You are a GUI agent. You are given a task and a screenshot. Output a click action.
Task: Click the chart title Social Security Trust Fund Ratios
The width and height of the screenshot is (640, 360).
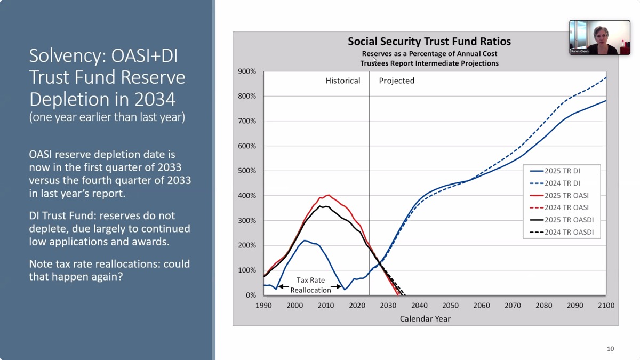(x=429, y=42)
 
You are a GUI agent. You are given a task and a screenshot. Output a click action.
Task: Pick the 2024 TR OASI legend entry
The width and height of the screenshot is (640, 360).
(x=566, y=207)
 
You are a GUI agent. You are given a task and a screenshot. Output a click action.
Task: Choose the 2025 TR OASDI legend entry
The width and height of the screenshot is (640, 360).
(x=569, y=220)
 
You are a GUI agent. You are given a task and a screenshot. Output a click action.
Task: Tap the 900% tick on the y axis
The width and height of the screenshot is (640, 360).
(x=247, y=71)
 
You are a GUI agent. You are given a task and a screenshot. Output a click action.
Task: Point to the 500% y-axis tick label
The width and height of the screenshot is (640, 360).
(x=247, y=171)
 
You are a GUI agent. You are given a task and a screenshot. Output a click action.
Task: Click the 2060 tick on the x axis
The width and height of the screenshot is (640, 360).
(x=482, y=306)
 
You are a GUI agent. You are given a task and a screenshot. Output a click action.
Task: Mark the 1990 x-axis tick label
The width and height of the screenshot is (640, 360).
(x=263, y=306)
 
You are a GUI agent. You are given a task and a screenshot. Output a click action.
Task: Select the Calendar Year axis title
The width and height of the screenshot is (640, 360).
(x=425, y=319)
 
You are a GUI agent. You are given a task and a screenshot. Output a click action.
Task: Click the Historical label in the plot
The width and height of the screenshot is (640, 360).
(x=343, y=81)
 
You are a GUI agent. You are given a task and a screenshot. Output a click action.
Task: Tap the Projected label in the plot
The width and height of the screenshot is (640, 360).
(x=397, y=81)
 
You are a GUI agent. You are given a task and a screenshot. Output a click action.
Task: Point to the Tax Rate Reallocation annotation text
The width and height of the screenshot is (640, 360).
(x=310, y=285)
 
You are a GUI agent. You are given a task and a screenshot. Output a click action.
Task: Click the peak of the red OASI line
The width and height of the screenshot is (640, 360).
(x=328, y=195)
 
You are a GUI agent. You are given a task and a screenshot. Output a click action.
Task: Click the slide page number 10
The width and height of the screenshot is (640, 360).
(x=610, y=349)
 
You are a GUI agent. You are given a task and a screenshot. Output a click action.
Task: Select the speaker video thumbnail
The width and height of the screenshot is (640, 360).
(x=599, y=37)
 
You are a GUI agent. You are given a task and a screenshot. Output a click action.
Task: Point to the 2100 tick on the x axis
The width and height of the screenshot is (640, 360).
(x=606, y=306)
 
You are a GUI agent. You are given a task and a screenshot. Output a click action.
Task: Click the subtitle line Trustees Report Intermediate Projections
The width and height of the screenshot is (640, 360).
(x=429, y=63)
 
